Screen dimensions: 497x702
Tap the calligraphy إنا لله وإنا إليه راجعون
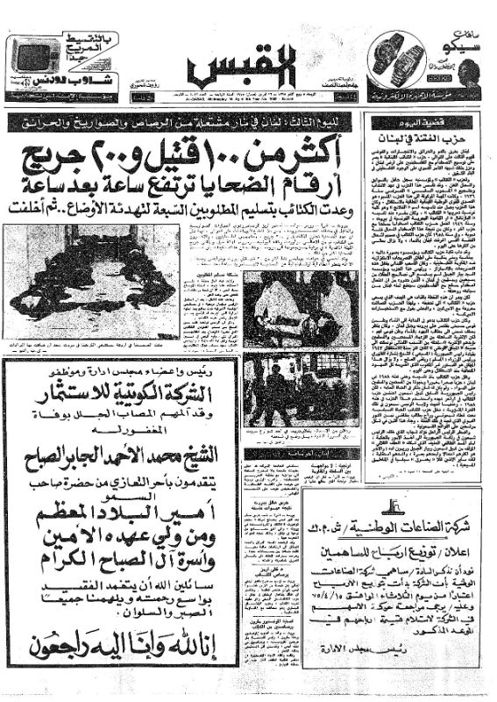(123, 649)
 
